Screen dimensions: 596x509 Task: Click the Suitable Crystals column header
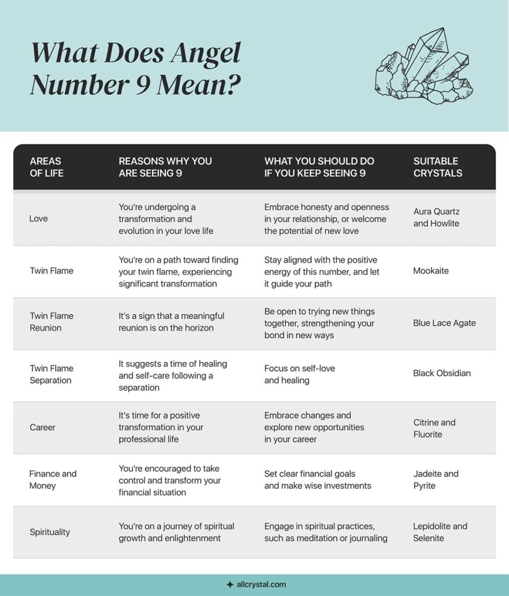point(437,167)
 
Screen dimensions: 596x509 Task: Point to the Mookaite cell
point(431,271)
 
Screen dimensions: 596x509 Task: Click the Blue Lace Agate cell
point(444,323)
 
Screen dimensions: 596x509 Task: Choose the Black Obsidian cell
point(442,373)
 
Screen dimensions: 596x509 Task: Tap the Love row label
point(38,218)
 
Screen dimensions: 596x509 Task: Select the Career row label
point(43,428)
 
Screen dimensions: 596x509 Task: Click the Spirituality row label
point(50,531)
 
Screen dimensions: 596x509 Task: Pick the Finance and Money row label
point(53,480)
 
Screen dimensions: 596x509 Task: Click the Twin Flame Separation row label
point(51,374)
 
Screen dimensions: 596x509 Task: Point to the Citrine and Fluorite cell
point(434,428)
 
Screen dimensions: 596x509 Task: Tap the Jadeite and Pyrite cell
point(436,480)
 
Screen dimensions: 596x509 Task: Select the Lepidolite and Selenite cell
point(440,532)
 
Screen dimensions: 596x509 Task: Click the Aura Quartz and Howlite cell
point(436,218)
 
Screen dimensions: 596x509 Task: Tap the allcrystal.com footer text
point(261,584)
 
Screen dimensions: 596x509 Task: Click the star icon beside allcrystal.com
point(229,584)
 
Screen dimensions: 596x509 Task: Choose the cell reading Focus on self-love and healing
point(300,374)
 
